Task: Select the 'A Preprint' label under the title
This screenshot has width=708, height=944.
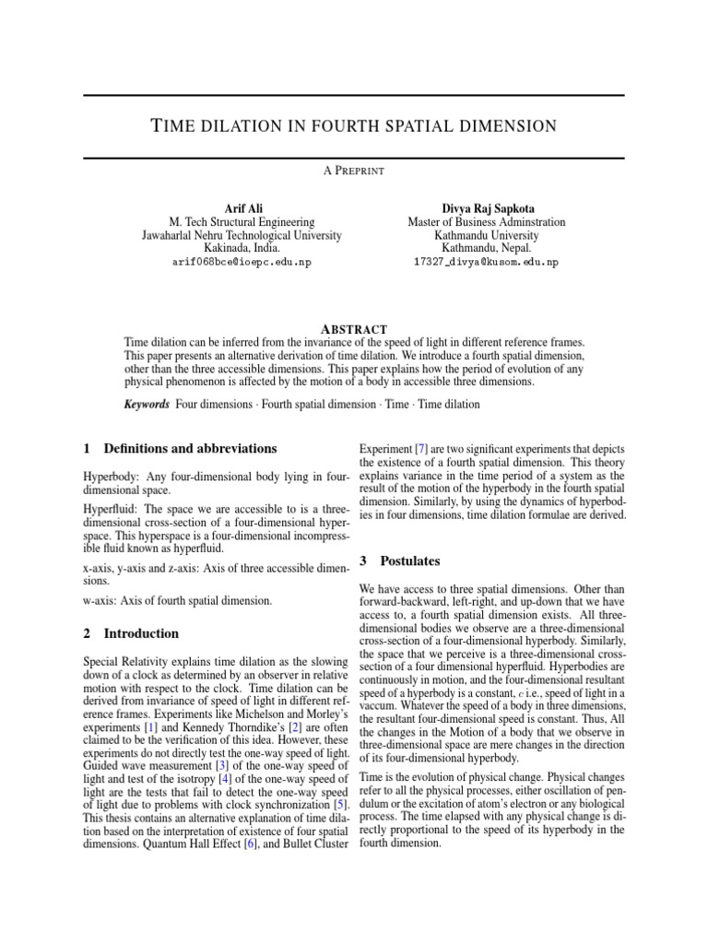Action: point(354,171)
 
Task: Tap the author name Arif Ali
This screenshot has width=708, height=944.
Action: point(242,208)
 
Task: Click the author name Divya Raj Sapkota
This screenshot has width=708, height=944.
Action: point(487,208)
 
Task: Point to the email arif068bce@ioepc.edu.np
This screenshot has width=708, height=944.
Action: point(242,263)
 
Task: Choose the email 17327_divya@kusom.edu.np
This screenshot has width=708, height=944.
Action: point(487,263)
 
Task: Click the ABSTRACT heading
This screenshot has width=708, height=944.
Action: point(353,329)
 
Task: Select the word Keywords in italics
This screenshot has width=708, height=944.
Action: point(147,404)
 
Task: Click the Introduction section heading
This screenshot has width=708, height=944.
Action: point(141,634)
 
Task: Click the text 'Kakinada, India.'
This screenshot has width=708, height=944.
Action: point(242,249)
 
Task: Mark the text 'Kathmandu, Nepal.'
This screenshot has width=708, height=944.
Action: point(487,249)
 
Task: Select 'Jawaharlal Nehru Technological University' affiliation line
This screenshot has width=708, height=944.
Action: point(242,235)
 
